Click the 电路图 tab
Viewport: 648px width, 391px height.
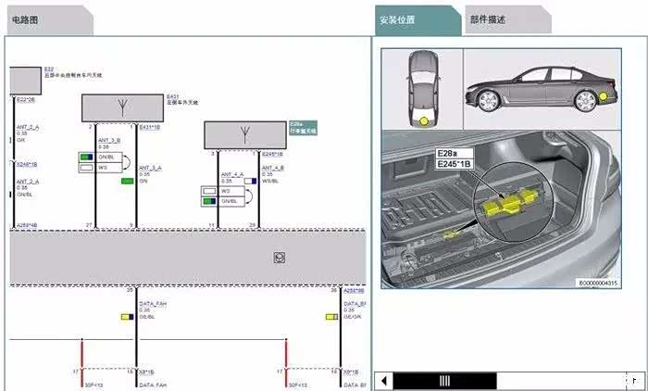tap(25, 19)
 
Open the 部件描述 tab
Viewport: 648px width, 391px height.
tap(488, 19)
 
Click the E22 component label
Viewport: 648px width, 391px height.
tap(48, 69)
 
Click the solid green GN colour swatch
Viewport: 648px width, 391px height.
tap(127, 181)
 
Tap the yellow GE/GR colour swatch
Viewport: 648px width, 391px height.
tap(331, 317)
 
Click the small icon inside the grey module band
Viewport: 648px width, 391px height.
tap(277, 257)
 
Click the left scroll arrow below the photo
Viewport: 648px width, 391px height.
tap(382, 380)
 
